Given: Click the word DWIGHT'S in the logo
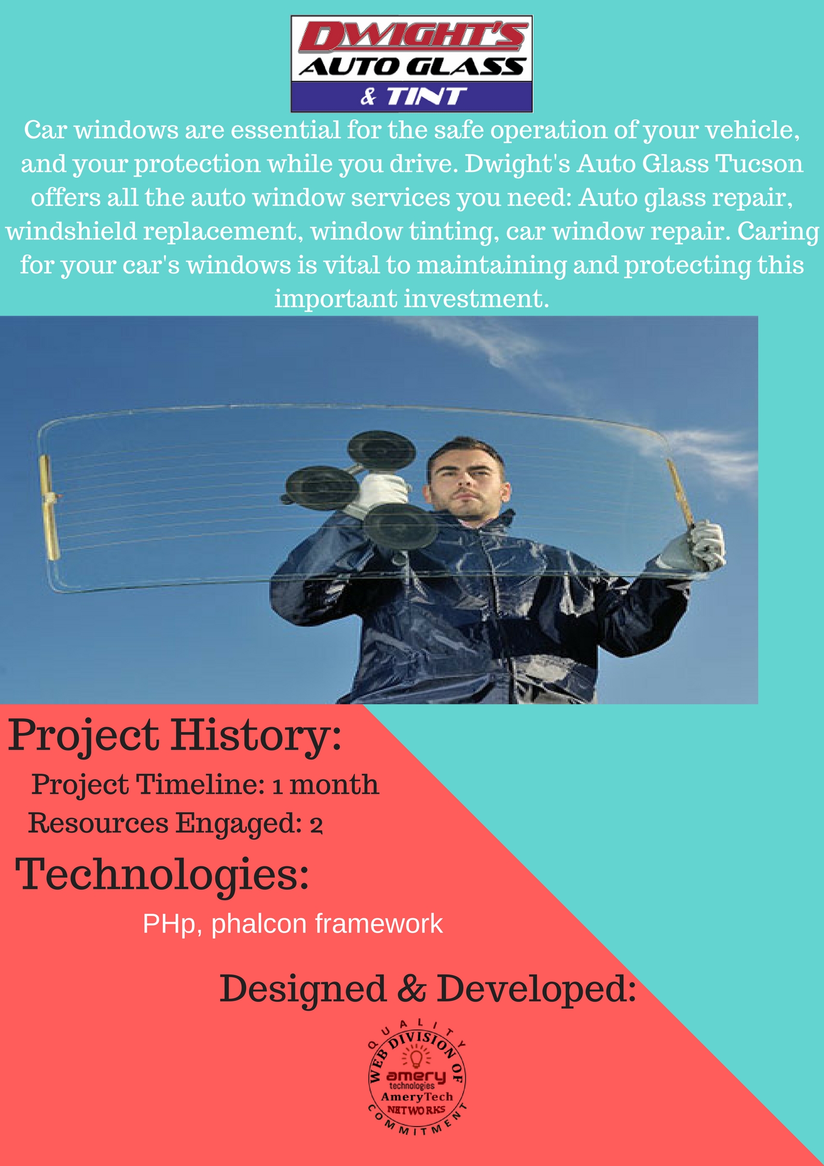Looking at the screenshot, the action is point(411,38).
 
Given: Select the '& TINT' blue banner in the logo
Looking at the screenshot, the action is point(412,96).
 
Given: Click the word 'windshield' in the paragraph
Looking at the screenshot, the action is point(72,231).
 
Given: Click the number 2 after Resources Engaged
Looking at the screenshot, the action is point(316,824).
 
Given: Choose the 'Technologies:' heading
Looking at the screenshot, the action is point(162,875).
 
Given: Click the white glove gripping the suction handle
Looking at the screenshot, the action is point(383,494).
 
